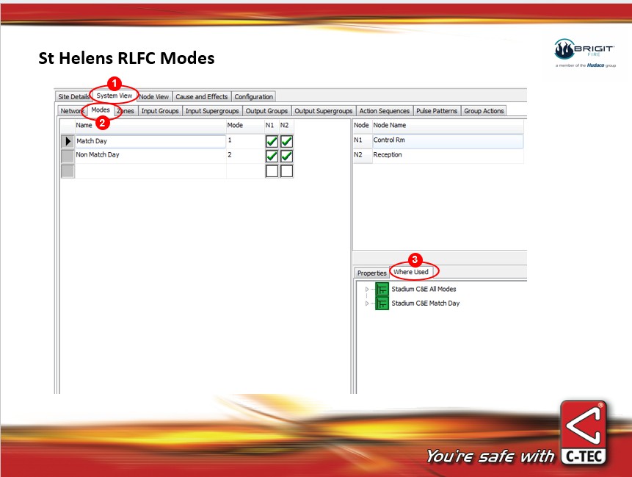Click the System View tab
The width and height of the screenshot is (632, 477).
pyautogui.click(x=115, y=96)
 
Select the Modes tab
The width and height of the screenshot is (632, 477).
pyautogui.click(x=101, y=110)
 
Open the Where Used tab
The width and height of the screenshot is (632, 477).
pyautogui.click(x=411, y=272)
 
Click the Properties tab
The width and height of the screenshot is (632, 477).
pyautogui.click(x=371, y=273)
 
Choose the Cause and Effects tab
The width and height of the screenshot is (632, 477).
pyautogui.click(x=202, y=97)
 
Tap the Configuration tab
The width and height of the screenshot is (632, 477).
pyautogui.click(x=254, y=97)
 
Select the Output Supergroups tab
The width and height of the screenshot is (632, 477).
pyautogui.click(x=323, y=111)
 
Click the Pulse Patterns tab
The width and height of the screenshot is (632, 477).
pyautogui.click(x=437, y=111)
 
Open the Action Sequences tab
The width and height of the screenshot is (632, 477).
pyautogui.click(x=384, y=111)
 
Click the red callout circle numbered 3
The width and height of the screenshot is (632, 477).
pyautogui.click(x=415, y=259)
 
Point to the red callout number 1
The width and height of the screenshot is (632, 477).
pyautogui.click(x=115, y=84)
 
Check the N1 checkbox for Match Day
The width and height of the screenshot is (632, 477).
pyautogui.click(x=272, y=141)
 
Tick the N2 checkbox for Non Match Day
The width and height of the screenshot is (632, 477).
pyautogui.click(x=286, y=156)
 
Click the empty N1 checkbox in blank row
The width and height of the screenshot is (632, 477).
pyautogui.click(x=272, y=171)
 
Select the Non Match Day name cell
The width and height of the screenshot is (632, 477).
pyautogui.click(x=150, y=155)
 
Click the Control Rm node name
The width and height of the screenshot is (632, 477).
pyautogui.click(x=448, y=140)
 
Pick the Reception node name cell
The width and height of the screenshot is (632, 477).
pyautogui.click(x=448, y=155)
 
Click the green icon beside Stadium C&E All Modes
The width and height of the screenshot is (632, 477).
pyautogui.click(x=382, y=289)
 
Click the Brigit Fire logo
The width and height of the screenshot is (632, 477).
pyautogui.click(x=585, y=53)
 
